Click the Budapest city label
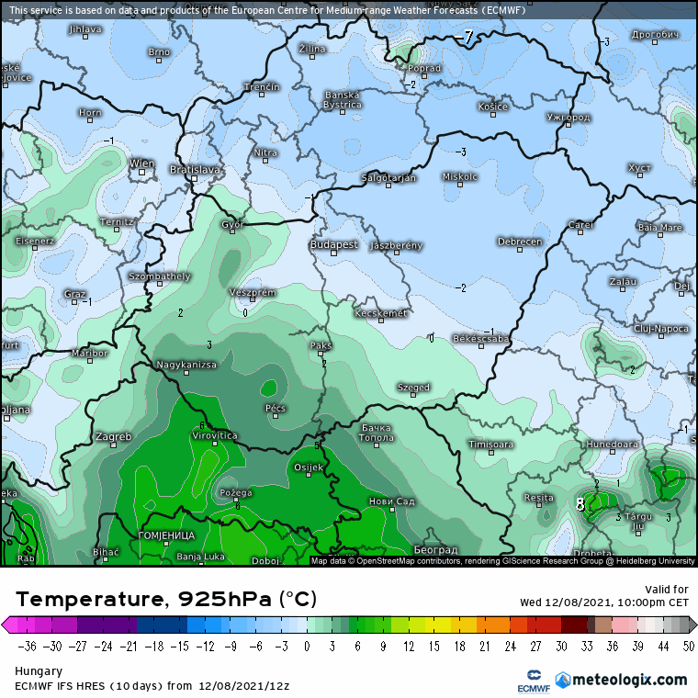point(333,245)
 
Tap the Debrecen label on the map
point(519,242)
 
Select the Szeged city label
point(413,388)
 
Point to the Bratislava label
point(196,170)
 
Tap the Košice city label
point(492,107)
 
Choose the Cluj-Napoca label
point(660,328)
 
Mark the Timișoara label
point(490,445)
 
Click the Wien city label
point(141,163)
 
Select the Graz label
point(75,294)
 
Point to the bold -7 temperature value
point(467,38)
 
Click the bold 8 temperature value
point(580,503)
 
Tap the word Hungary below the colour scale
point(36,671)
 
